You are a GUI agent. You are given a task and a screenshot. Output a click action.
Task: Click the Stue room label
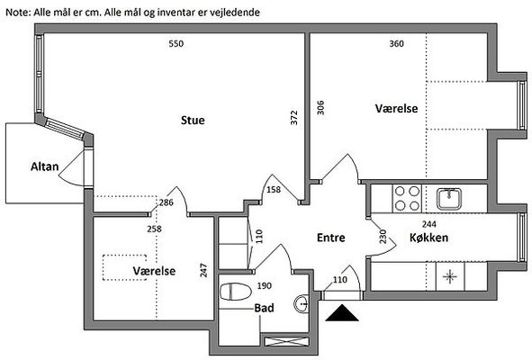(x=193, y=120)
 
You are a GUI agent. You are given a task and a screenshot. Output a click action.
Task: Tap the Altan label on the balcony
(x=44, y=166)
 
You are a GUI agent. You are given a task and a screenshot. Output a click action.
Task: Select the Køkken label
(x=428, y=238)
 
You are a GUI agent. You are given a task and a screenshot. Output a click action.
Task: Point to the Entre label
(x=330, y=238)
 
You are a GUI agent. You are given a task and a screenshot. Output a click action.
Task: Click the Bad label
(x=264, y=308)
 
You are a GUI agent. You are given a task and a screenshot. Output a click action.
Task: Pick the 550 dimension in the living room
(x=176, y=43)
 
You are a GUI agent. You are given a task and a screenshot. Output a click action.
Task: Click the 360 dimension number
(x=396, y=43)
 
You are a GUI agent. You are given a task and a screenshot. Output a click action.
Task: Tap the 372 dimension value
(x=293, y=117)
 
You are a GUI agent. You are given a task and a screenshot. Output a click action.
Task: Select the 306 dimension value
(x=320, y=108)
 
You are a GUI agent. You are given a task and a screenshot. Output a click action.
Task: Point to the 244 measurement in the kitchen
(x=429, y=224)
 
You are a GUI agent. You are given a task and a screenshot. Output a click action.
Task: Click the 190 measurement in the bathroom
(x=265, y=285)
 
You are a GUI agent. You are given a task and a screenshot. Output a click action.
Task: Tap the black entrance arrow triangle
(x=342, y=312)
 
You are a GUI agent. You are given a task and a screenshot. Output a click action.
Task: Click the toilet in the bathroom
(x=235, y=292)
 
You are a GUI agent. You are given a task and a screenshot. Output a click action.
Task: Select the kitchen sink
(x=449, y=199)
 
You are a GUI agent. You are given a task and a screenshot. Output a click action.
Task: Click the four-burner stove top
(x=407, y=199)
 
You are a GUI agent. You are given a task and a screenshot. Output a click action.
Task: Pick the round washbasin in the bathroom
(x=302, y=303)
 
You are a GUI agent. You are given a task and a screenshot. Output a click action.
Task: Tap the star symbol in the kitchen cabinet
(x=449, y=276)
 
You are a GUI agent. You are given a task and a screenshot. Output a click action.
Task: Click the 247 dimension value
(x=203, y=270)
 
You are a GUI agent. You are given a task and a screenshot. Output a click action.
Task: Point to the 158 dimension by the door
(x=274, y=189)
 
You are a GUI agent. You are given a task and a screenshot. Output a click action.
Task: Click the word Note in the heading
(x=18, y=13)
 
